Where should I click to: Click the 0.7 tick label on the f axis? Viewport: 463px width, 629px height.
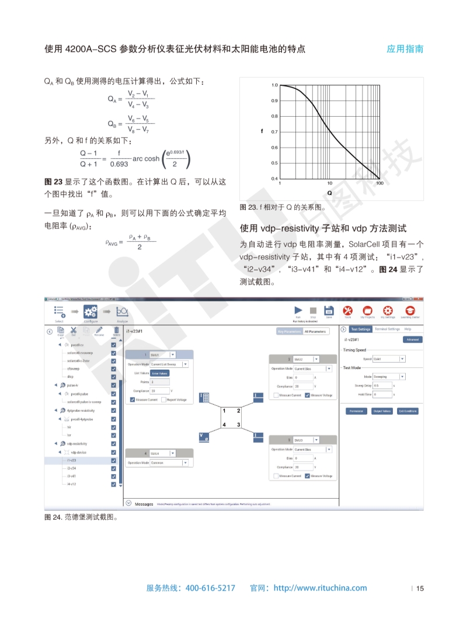pos(274,132)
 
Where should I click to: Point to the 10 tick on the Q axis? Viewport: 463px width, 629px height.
pos(330,183)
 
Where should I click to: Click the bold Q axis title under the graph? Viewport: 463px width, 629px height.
pos(329,193)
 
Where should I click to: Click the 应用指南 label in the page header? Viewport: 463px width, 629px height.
pos(405,49)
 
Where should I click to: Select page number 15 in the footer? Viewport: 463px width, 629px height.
pos(420,588)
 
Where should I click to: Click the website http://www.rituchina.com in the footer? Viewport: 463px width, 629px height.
pos(320,588)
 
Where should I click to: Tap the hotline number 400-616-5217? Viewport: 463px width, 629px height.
pos(210,588)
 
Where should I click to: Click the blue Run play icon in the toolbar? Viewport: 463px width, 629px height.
pos(298,310)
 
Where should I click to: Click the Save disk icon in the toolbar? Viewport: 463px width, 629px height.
pos(329,310)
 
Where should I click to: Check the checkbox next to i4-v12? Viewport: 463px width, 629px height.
pos(113,484)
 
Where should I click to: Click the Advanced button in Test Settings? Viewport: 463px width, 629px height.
pos(412,339)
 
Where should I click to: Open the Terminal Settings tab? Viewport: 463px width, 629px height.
pos(387,329)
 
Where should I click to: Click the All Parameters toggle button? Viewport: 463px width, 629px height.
pos(316,331)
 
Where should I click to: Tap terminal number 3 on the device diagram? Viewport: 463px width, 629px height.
pos(238,424)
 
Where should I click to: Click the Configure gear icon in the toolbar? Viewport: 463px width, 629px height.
pos(90,312)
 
